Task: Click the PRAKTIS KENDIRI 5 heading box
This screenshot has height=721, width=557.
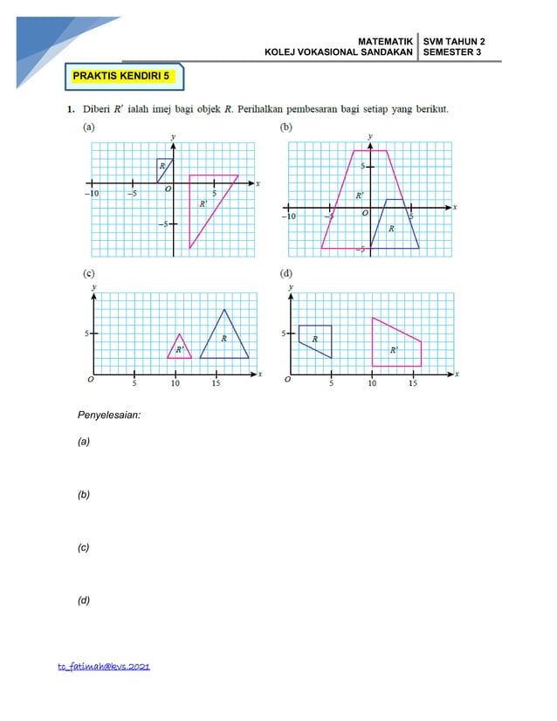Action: (124, 77)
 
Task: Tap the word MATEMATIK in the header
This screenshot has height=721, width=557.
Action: (385, 42)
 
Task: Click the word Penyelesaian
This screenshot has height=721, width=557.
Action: (109, 415)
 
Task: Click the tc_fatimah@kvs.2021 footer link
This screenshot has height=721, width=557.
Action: (104, 667)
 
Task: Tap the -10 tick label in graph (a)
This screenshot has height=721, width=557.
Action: (91, 194)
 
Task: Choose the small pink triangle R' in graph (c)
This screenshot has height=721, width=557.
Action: (179, 348)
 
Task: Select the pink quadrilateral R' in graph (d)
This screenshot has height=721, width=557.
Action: (395, 347)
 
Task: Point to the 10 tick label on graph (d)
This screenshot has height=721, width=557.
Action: (373, 382)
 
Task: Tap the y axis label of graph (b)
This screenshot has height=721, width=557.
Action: (370, 137)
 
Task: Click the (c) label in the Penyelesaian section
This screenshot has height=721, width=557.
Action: (84, 547)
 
